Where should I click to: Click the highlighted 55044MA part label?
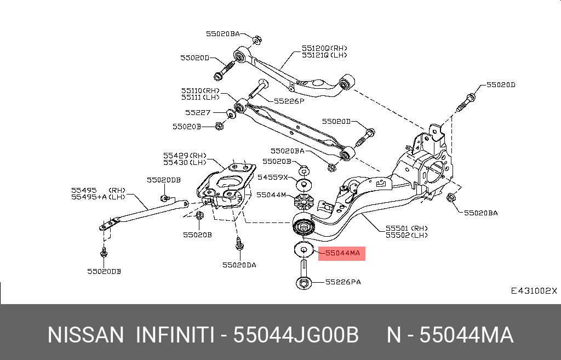[x=342, y=254]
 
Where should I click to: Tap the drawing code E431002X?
[x=534, y=290]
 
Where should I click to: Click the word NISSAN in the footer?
[x=85, y=335]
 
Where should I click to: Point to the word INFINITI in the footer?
[x=175, y=335]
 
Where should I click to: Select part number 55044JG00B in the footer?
[x=296, y=335]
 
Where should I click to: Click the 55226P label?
[x=289, y=101]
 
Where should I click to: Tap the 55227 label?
[x=198, y=112]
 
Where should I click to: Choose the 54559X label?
[x=272, y=178]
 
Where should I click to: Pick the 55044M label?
[x=271, y=195]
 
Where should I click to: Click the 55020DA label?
[x=239, y=265]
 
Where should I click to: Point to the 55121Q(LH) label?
[x=324, y=55]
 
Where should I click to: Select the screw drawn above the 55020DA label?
[x=239, y=244]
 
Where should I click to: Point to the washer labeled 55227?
[x=231, y=114]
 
